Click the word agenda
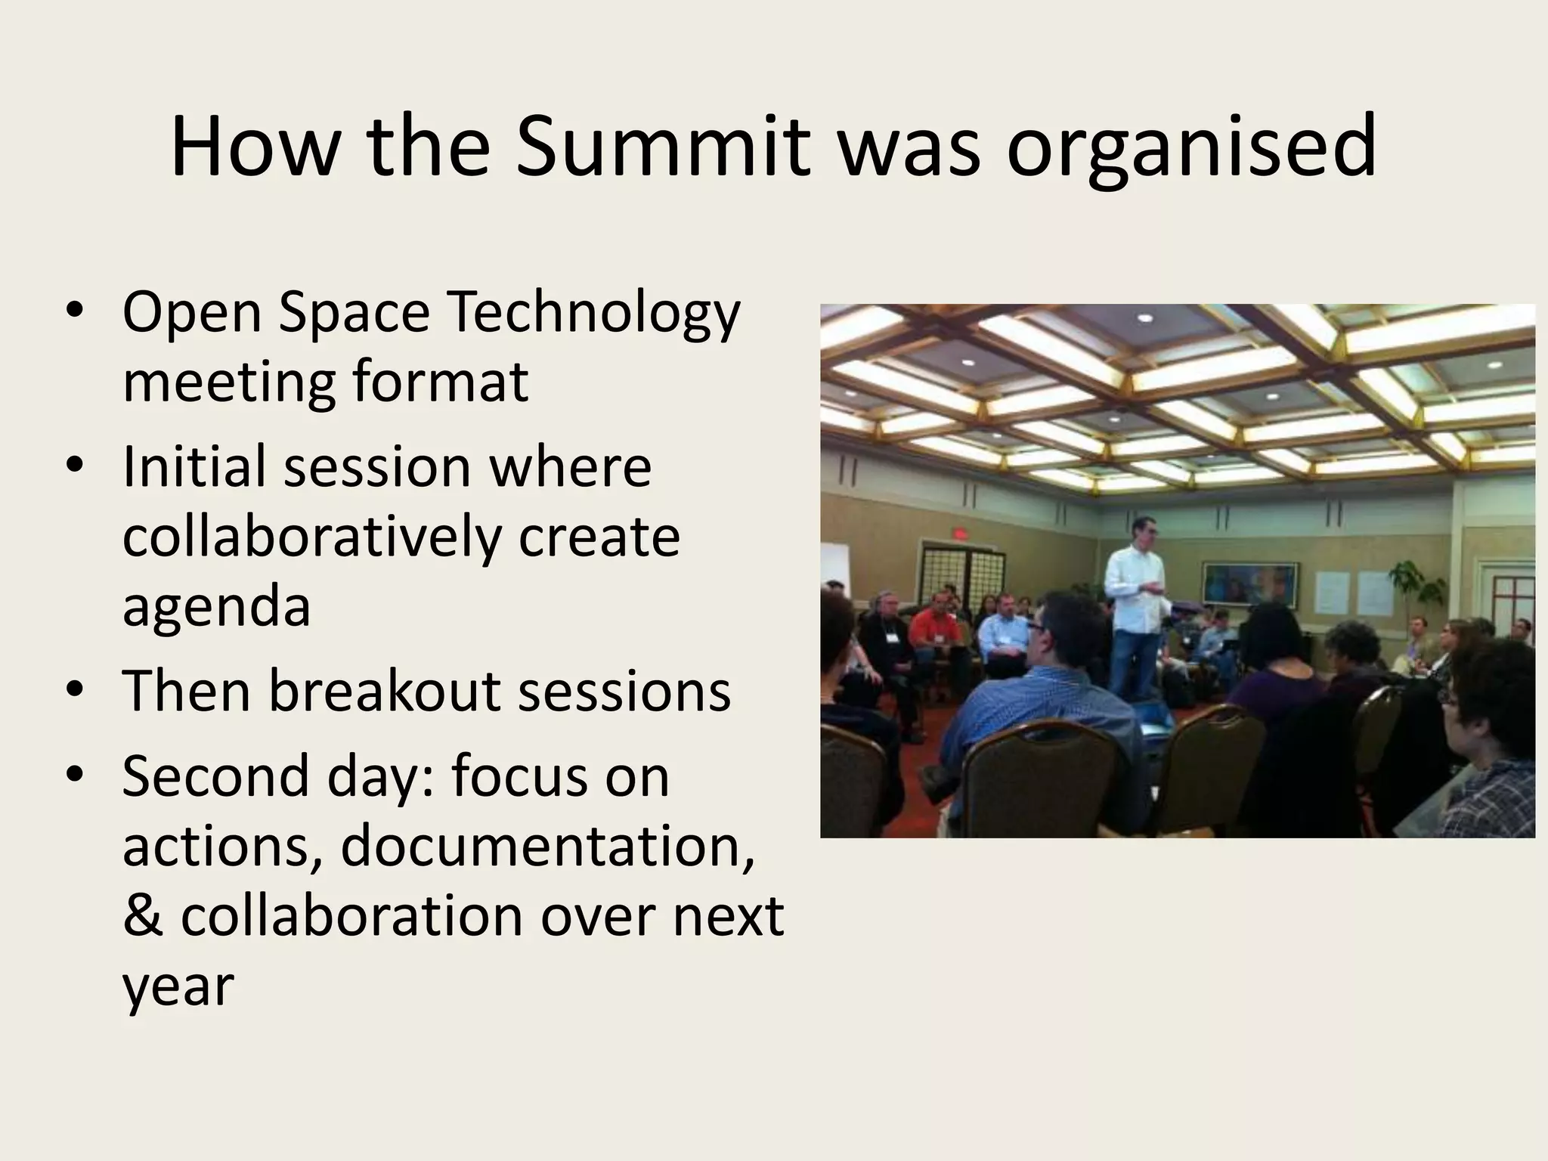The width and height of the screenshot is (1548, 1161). point(216,608)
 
